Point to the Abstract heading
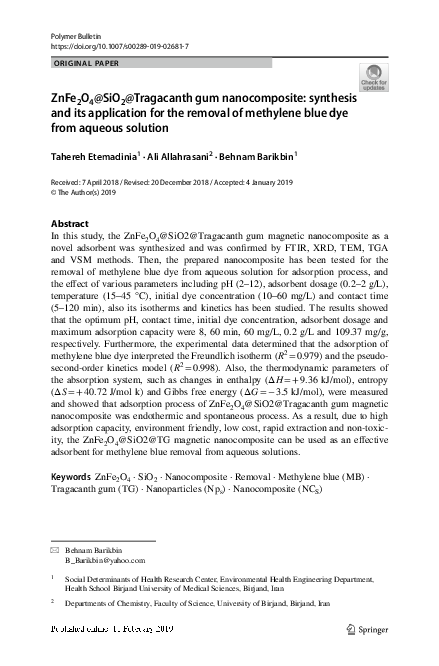coord(69,219)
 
